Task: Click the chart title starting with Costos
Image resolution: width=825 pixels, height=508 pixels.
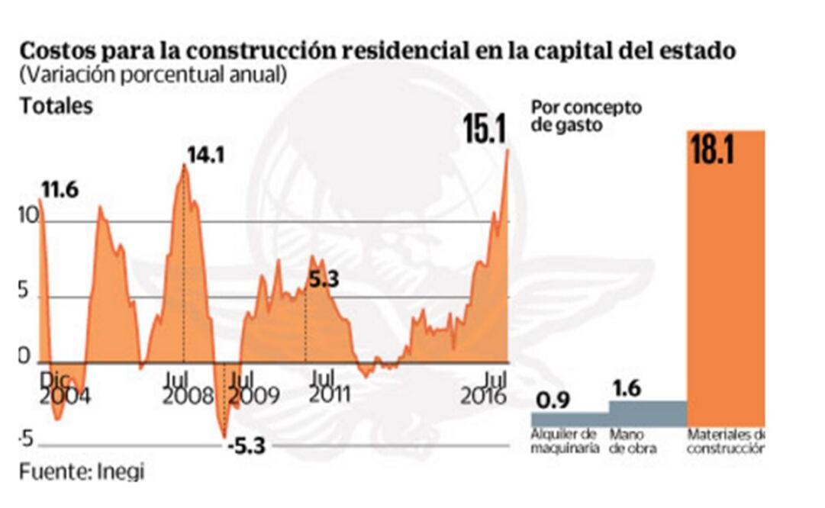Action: click(377, 52)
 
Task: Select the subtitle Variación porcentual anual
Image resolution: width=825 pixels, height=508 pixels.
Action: click(153, 75)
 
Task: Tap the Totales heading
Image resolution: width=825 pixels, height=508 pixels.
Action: click(56, 106)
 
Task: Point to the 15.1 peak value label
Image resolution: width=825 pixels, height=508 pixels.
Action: click(485, 130)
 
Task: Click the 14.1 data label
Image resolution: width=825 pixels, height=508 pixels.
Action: click(206, 155)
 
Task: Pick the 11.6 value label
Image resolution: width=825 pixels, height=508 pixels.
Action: click(60, 190)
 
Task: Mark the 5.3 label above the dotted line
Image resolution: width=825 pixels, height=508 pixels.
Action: click(323, 280)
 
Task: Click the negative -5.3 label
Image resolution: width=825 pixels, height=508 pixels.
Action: click(246, 445)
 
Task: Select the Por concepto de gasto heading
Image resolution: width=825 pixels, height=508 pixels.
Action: click(585, 116)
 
